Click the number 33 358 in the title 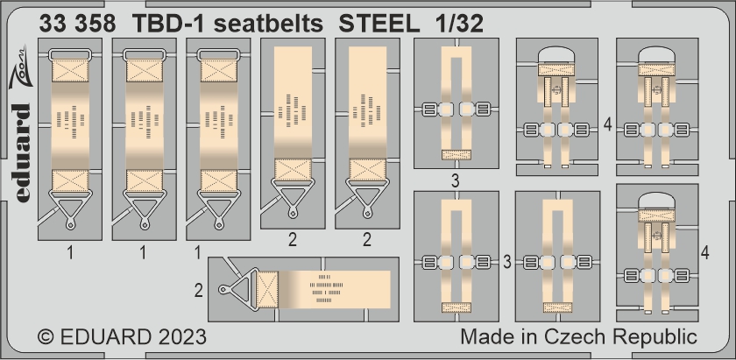77,24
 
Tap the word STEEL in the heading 379,24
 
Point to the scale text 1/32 461,24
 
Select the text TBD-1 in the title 168,24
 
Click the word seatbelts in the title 268,24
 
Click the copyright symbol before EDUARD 46,337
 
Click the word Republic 654,338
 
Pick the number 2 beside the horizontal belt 199,291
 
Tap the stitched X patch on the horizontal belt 267,289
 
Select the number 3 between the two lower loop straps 506,262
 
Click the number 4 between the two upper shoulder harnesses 608,125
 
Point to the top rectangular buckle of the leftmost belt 70,55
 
